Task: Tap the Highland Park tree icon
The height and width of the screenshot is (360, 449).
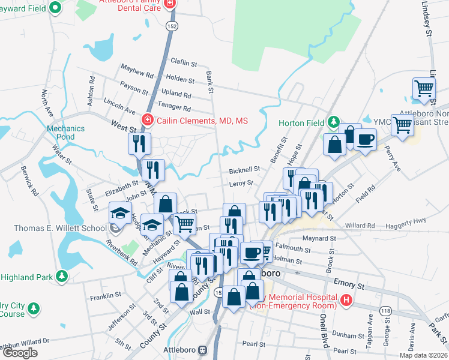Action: (61, 277)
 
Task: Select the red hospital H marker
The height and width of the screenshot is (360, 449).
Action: (346, 299)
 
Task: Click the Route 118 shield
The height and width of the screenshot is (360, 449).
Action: (385, 310)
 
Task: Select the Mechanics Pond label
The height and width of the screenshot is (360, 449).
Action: (61, 132)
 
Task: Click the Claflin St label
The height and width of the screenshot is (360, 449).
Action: (184, 62)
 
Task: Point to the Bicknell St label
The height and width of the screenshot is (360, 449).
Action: (243, 170)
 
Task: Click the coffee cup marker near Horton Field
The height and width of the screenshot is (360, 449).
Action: (366, 140)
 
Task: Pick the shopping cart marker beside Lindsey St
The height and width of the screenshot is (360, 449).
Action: (424, 89)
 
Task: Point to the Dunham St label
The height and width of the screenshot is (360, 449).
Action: (345, 335)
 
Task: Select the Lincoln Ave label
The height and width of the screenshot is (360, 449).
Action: (119, 106)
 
